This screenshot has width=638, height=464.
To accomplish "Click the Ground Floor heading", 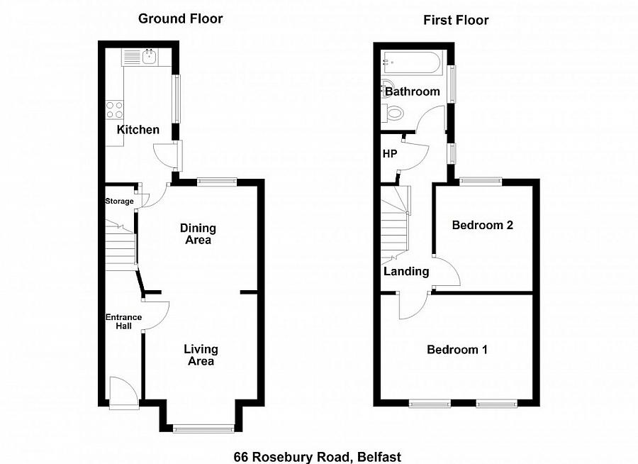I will coord(180,18).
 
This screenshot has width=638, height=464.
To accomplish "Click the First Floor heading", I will coord(456,20).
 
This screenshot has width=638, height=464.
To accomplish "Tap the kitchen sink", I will coord(150,56).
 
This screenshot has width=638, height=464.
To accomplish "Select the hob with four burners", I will coord(115,110).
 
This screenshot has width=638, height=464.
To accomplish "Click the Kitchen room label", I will coord(138,130).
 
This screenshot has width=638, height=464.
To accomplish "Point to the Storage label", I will coord(119,201).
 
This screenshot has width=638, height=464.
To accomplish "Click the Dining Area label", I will coord(198,234).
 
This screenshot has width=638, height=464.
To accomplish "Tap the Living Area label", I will coord(201,355).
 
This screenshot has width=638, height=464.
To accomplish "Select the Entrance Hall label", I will coord(124,321).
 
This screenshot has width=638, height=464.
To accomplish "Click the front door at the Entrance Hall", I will coord(123,392).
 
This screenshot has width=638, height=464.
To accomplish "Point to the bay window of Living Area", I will coord(203,428).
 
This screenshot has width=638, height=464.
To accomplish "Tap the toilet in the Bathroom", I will coord(392,112).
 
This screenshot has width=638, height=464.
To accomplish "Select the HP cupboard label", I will coord(389,154).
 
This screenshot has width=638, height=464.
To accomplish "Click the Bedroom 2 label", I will coord(483,226).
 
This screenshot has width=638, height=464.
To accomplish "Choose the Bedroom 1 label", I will coord(457,350).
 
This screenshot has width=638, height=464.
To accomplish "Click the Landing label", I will coord(406,271).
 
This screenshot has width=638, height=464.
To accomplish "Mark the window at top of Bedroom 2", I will coord(481,181).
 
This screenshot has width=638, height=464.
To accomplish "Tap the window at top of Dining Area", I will coord(216,182).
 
